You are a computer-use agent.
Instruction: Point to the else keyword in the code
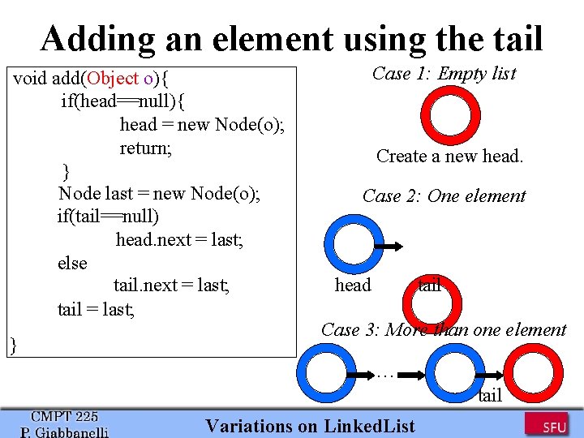point(72,264)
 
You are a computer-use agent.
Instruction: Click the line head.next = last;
point(179,240)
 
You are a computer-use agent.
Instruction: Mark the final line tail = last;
point(96,309)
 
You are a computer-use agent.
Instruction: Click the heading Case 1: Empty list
point(444,74)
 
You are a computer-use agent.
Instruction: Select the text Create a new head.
point(449,157)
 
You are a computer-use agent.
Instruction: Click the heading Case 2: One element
point(444,196)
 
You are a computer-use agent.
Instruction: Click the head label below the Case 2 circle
point(353,285)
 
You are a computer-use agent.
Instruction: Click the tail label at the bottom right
point(490,396)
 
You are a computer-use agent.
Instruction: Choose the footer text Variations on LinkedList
point(310,426)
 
